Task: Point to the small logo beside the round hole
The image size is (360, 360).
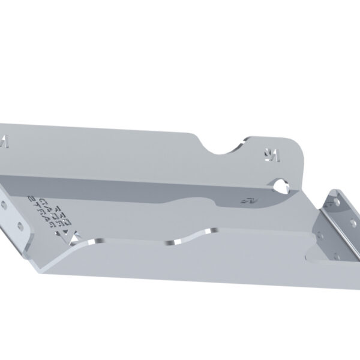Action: (x=245, y=197)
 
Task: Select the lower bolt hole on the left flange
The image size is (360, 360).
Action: (x=22, y=226)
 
